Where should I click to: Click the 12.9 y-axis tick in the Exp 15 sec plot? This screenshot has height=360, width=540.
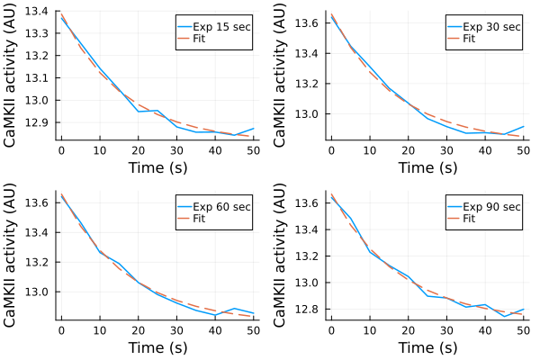click(37, 121)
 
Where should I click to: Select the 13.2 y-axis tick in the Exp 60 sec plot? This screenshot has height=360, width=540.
click(37, 255)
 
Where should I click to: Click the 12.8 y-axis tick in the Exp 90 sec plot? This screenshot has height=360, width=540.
click(308, 309)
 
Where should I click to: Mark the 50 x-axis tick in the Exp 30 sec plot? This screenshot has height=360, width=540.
click(522, 151)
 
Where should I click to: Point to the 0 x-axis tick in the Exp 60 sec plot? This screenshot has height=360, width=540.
click(61, 330)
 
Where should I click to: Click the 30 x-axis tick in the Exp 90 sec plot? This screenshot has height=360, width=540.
click(445, 330)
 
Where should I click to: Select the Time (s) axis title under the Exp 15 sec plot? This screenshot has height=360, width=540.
click(157, 168)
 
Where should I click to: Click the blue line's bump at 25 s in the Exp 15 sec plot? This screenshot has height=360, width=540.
click(157, 110)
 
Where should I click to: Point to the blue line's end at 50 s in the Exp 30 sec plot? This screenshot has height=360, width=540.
click(522, 127)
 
